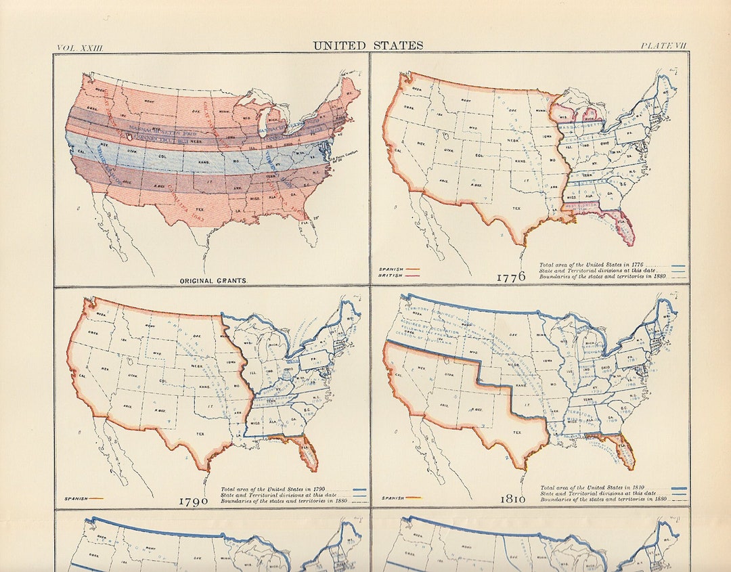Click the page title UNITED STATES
click(368, 46)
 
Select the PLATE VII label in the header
click(663, 46)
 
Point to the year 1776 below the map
click(511, 278)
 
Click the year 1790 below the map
click(194, 502)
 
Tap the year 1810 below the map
click(512, 499)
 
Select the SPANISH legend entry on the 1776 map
click(392, 269)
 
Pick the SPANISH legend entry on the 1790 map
click(75, 498)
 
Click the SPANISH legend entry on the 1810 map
click(393, 498)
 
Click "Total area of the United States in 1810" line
click(596, 487)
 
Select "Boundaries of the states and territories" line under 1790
click(284, 501)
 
